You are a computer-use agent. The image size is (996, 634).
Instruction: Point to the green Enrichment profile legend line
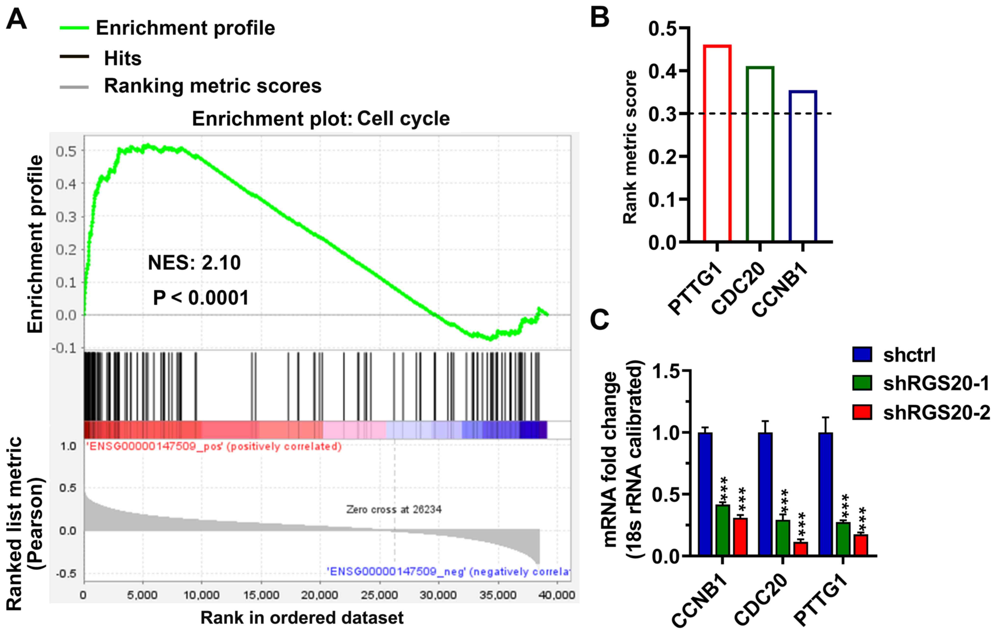coord(75,28)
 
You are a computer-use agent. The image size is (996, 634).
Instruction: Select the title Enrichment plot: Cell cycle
coord(321,119)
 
